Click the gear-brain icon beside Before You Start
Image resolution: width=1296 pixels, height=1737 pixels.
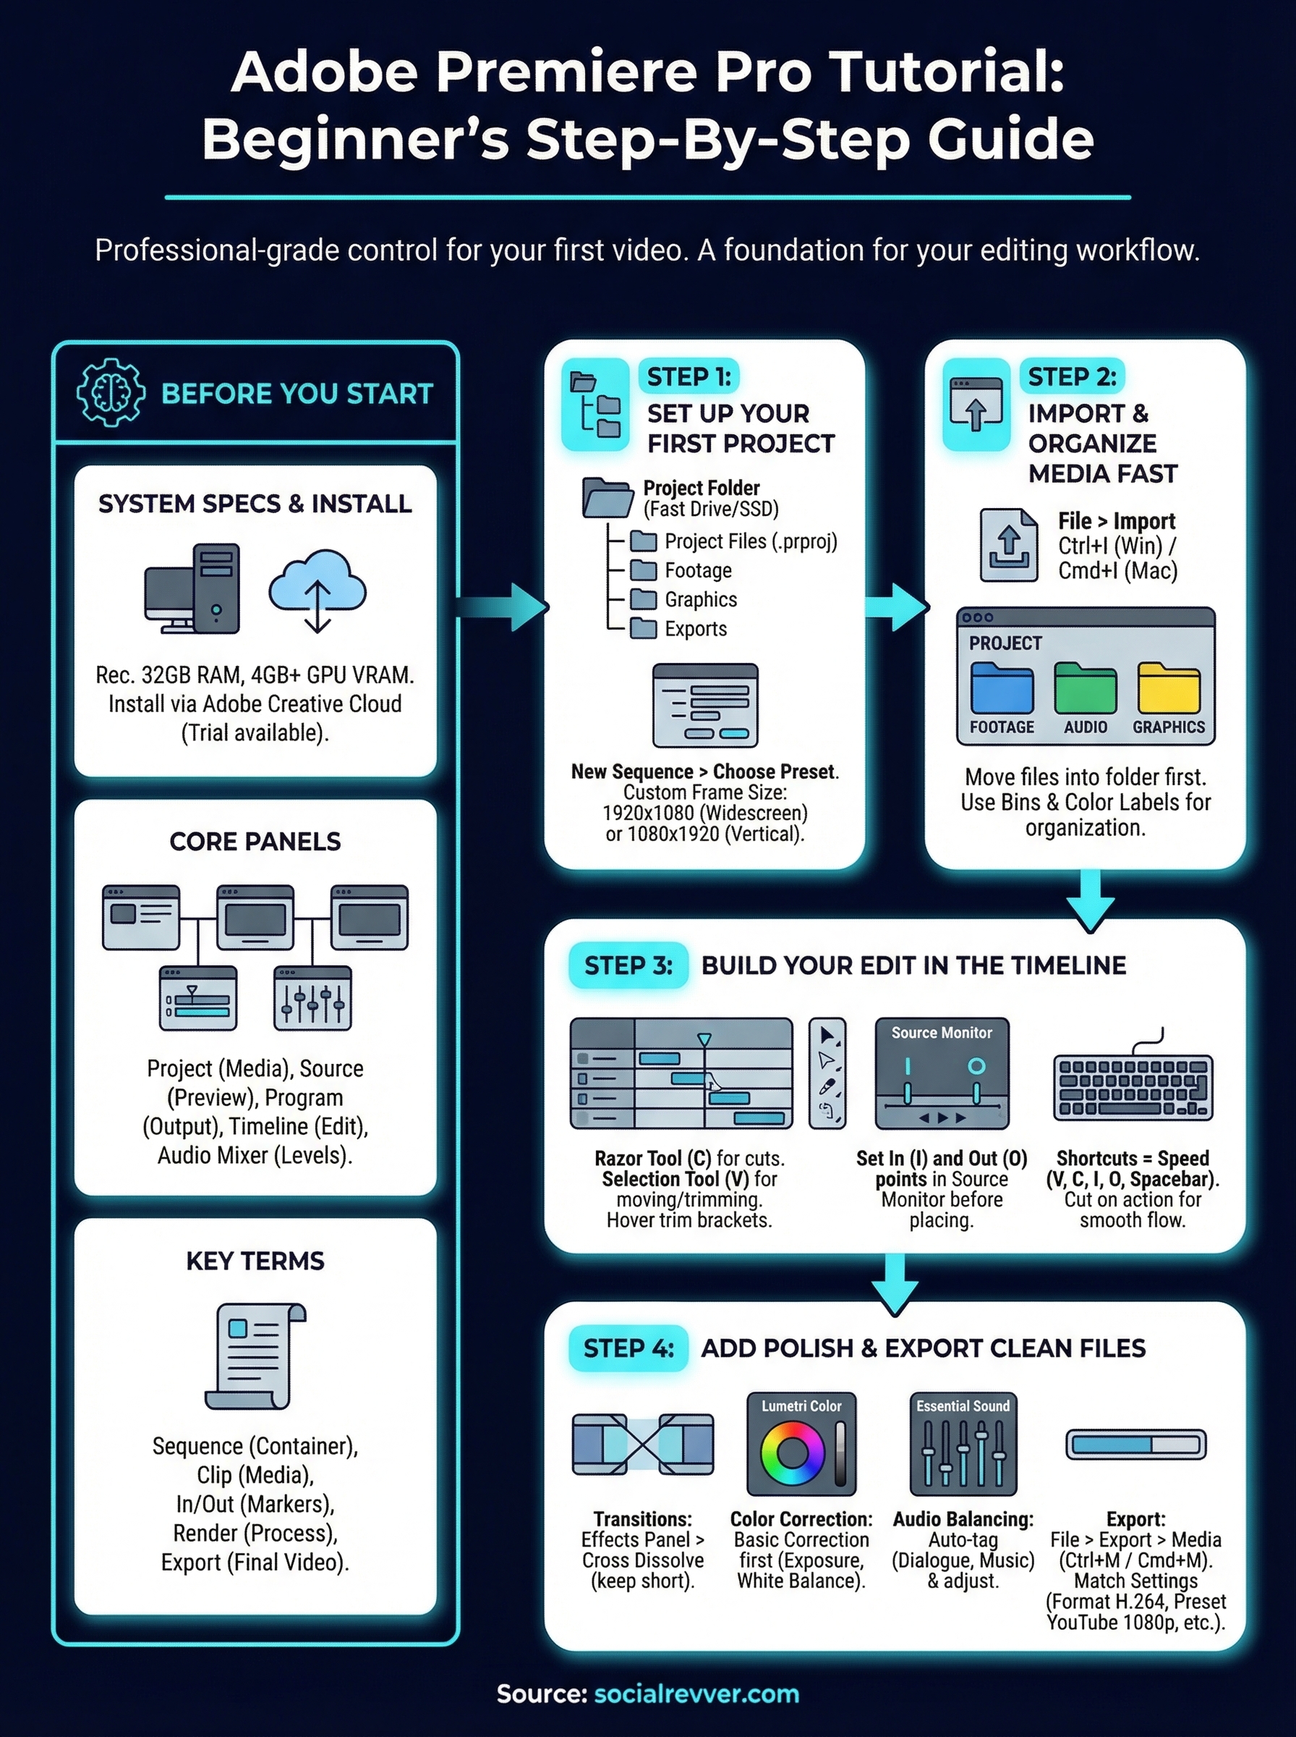point(111,392)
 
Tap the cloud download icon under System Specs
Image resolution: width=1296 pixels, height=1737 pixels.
point(317,588)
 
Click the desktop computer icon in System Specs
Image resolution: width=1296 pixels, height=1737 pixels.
point(192,588)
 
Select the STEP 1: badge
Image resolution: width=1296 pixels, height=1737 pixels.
point(688,377)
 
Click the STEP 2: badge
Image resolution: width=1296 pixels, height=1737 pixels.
point(1072,377)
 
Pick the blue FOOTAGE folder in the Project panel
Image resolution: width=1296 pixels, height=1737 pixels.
point(1002,688)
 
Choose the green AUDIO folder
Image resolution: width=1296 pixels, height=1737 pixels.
point(1085,688)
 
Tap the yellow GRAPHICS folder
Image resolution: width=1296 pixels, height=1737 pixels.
point(1169,688)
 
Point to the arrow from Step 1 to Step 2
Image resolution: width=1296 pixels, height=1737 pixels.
point(897,607)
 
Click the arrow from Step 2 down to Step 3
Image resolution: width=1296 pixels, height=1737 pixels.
point(1091,901)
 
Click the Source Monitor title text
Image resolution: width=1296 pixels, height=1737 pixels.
point(942,1033)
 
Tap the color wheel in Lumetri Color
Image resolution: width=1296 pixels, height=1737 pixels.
point(793,1453)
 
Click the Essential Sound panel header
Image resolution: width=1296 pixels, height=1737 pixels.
point(963,1406)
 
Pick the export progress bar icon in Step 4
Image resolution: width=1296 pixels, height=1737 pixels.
point(1135,1444)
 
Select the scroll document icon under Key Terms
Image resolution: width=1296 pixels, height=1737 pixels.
point(256,1356)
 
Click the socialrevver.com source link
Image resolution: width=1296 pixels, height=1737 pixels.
point(696,1694)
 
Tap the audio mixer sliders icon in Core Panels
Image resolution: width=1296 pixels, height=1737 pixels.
point(312,998)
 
